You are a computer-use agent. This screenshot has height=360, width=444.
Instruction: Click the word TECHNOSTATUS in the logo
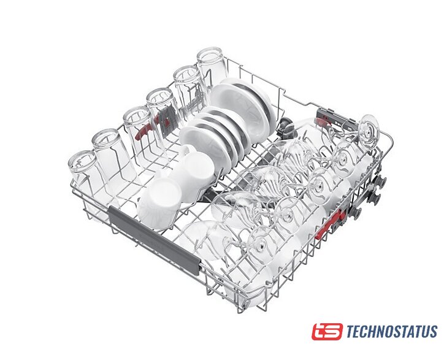392,331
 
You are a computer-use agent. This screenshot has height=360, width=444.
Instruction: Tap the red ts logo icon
327,331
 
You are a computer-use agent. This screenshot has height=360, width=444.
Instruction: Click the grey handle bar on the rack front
154,239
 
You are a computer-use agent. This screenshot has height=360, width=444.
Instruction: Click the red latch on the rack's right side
331,224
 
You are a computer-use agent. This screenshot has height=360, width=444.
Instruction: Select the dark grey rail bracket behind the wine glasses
337,117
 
